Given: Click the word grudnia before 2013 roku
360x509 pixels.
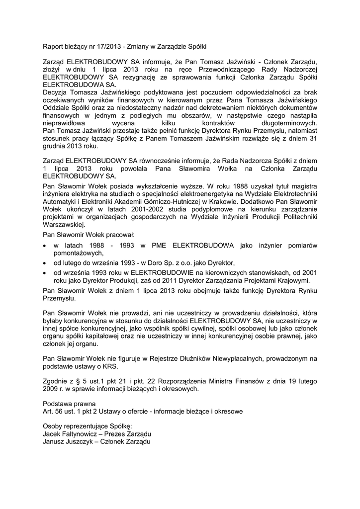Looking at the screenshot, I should click(x=56, y=147).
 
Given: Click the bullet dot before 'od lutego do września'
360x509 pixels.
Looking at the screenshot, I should click(x=46, y=263).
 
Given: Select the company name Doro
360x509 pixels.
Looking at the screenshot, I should click(x=158, y=262).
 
